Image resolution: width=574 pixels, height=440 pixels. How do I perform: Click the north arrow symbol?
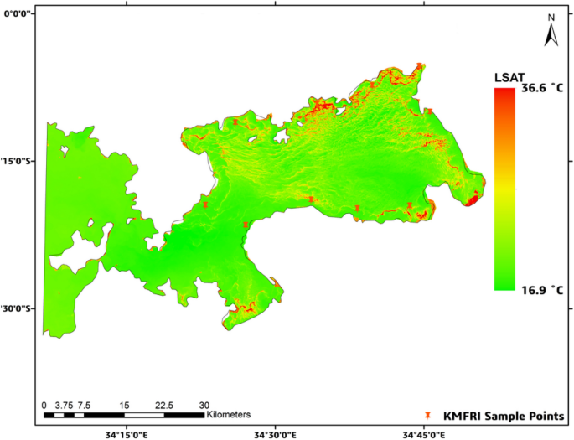tap(552, 34)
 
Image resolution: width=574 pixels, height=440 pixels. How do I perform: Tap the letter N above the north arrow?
tap(552, 18)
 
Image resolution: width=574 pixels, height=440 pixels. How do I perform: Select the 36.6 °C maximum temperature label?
tap(544, 87)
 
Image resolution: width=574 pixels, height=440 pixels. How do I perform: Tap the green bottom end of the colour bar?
tap(504, 285)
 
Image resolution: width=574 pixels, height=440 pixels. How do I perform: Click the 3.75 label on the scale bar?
tap(64, 404)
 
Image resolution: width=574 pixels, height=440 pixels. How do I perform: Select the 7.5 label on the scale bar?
tap(85, 404)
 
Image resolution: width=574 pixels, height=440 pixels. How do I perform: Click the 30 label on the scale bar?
tap(204, 404)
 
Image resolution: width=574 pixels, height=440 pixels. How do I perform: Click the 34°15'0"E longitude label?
tap(125, 433)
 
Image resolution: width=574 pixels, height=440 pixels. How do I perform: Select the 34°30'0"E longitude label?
tap(275, 433)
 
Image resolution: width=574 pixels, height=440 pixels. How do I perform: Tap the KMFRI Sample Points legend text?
tap(504, 416)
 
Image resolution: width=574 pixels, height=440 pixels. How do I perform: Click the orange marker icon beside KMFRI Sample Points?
tap(429, 416)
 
